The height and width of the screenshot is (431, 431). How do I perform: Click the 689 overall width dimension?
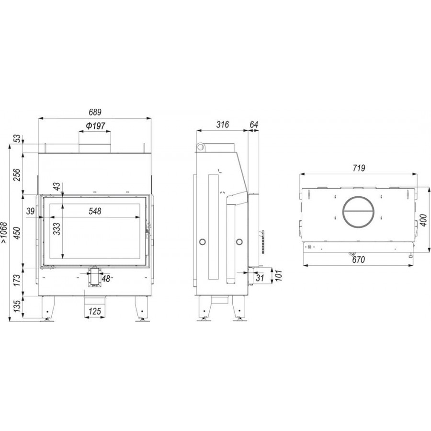click(95, 112)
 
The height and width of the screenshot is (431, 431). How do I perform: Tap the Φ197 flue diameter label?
click(95, 126)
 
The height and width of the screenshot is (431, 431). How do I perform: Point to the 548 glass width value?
click(95, 211)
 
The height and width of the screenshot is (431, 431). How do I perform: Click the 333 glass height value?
click(57, 229)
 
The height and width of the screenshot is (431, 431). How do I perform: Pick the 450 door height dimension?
click(17, 233)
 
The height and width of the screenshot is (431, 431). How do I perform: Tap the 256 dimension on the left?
click(17, 175)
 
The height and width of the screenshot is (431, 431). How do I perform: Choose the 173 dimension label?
click(17, 280)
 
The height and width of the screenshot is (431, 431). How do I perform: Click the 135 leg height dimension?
click(17, 306)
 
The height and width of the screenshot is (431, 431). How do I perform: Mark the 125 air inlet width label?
click(95, 311)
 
